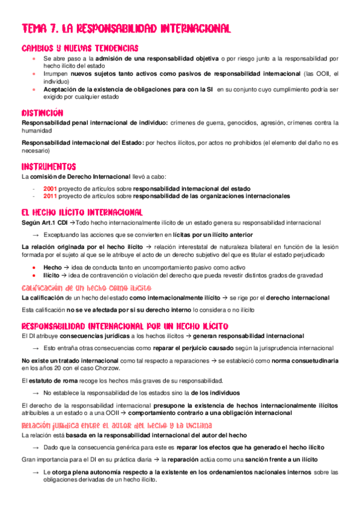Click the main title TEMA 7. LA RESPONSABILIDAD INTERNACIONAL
(x=126, y=28)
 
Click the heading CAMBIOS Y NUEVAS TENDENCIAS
(x=80, y=48)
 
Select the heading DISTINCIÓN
(x=43, y=112)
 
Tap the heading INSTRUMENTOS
(x=49, y=166)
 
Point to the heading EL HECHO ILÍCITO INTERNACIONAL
(x=82, y=212)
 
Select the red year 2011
(x=50, y=196)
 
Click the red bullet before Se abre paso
(x=35, y=59)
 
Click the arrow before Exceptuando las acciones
(x=35, y=235)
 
